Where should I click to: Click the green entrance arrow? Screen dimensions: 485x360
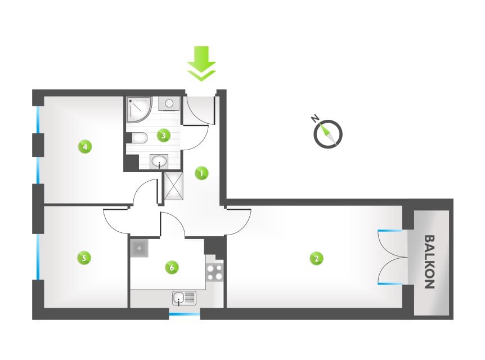(201, 64)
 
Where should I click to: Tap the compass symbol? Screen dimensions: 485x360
(328, 134)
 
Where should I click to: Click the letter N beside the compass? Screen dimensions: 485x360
(315, 118)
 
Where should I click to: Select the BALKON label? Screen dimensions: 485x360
(429, 262)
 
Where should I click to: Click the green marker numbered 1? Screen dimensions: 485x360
(201, 173)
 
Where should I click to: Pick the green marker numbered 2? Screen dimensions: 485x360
(316, 258)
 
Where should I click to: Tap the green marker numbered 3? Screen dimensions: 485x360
(164, 135)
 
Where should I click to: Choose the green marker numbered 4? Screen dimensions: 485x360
(85, 146)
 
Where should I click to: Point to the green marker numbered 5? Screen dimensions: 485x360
(84, 257)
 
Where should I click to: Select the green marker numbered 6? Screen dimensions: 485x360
(172, 267)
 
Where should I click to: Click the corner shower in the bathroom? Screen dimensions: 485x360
(139, 110)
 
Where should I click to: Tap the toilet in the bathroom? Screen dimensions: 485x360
(140, 138)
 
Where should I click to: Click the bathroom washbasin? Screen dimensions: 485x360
(159, 162)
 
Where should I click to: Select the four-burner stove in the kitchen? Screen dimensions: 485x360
(215, 272)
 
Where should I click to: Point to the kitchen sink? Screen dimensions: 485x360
(184, 299)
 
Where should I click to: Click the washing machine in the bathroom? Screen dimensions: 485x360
(169, 103)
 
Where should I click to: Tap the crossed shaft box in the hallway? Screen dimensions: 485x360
(173, 186)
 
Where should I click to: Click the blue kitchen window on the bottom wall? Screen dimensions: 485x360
(185, 314)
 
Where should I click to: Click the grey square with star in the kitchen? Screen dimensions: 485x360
(140, 248)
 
